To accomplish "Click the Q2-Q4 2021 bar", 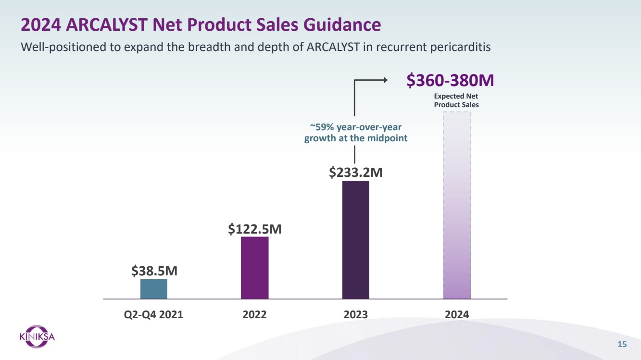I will pyautogui.click(x=154, y=289).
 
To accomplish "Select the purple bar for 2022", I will pyautogui.click(x=254, y=268).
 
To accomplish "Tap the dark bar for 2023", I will pyautogui.click(x=355, y=240).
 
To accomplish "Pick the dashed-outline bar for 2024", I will pyautogui.click(x=456, y=206).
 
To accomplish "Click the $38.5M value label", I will pyautogui.click(x=154, y=271).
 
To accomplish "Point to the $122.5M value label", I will pyautogui.click(x=254, y=229).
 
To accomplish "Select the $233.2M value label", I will pyautogui.click(x=356, y=172).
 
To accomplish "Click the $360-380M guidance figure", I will pyautogui.click(x=450, y=81).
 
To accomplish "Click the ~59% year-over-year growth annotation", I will pyautogui.click(x=355, y=133).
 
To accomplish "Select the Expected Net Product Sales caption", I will pyautogui.click(x=456, y=100).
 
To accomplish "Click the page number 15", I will pyautogui.click(x=622, y=344).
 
